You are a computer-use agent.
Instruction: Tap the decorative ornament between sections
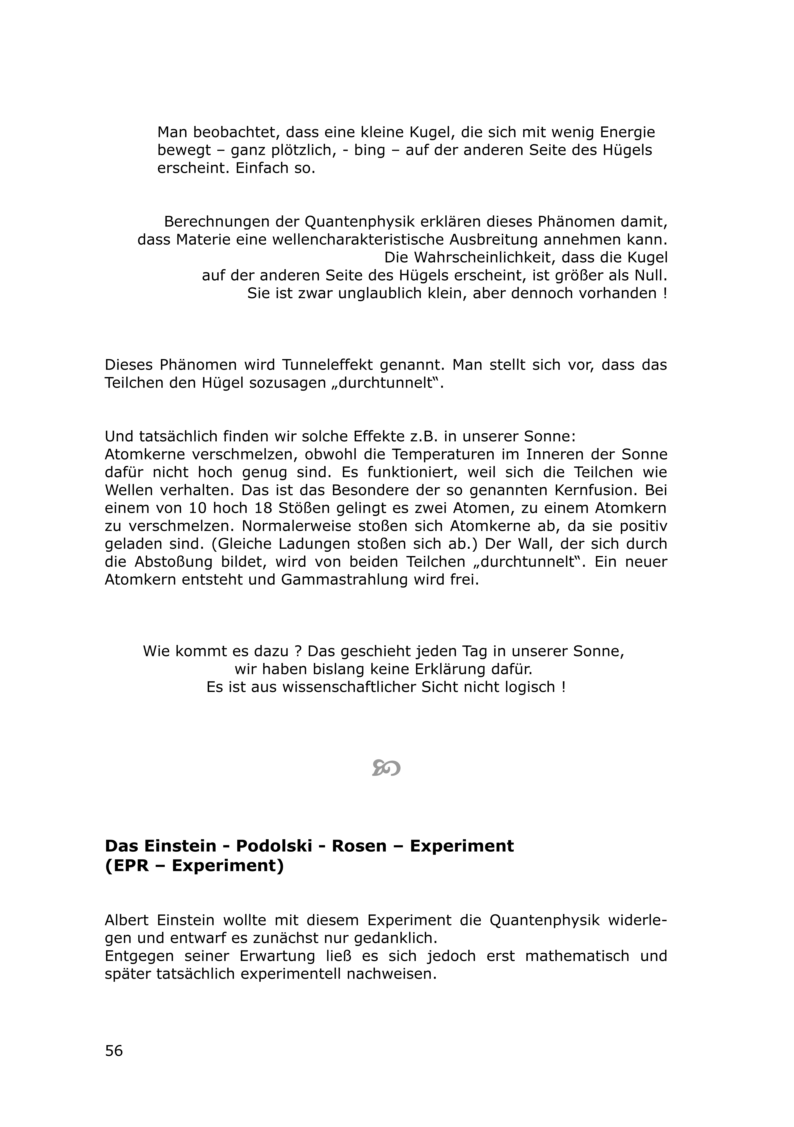(x=386, y=768)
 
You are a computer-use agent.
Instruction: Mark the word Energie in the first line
(x=624, y=133)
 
